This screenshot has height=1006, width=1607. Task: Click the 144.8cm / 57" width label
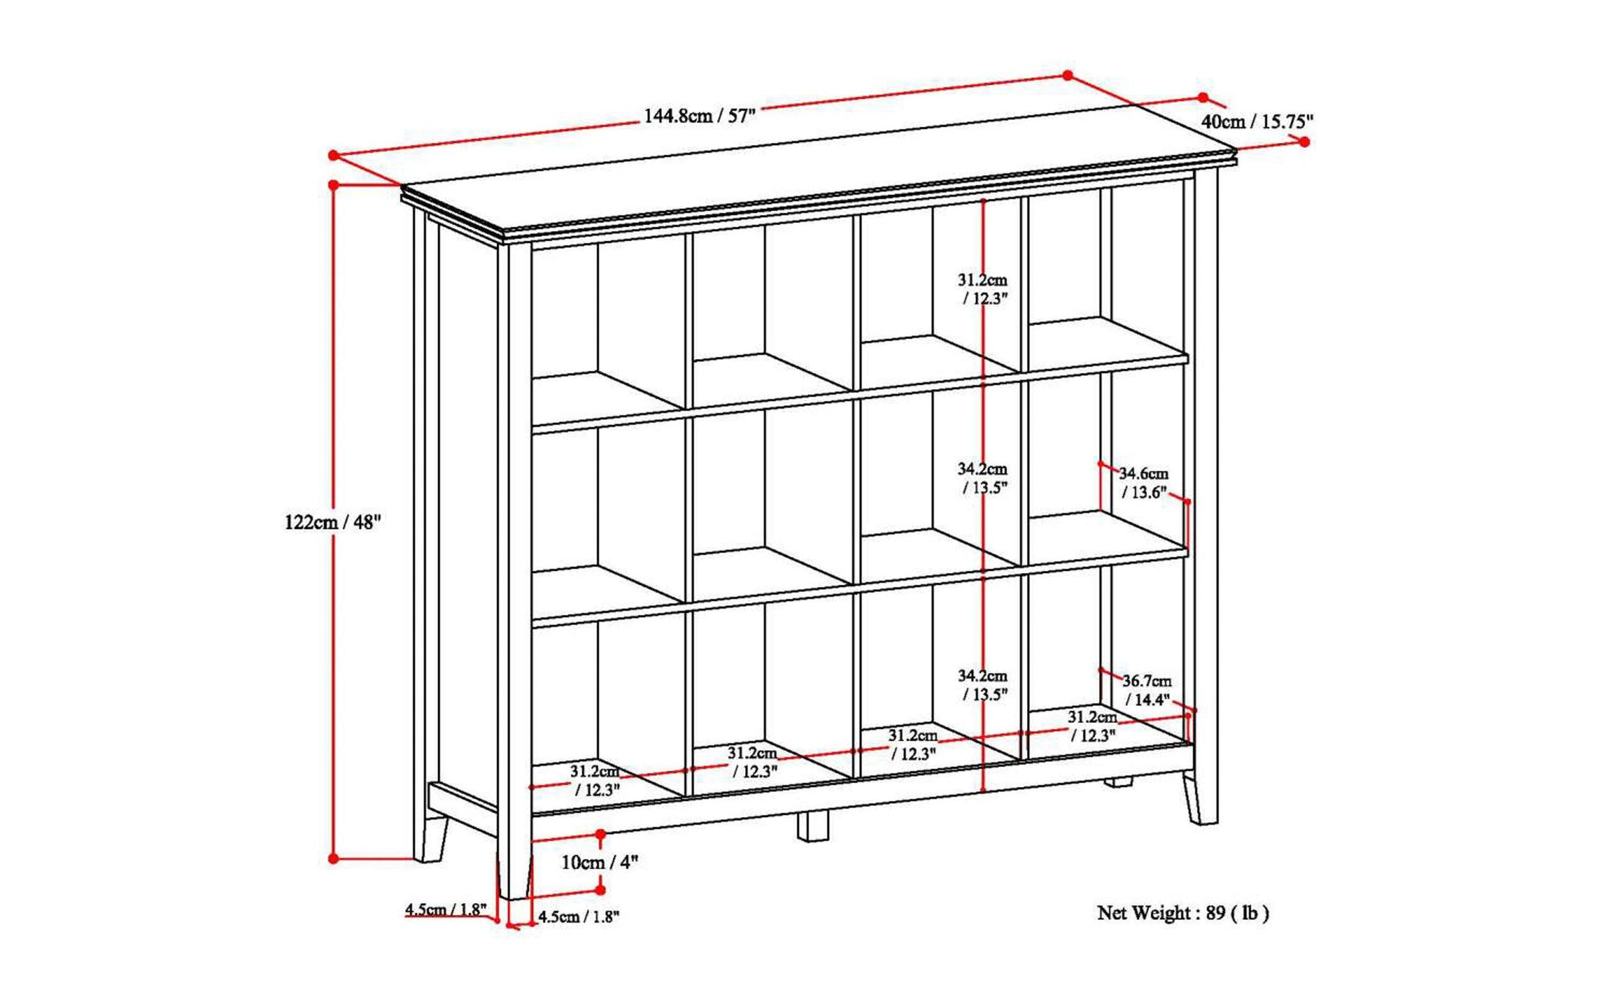tap(699, 117)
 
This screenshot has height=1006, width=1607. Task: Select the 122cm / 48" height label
tap(333, 522)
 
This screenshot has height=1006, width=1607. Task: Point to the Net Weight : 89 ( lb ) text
tap(1183, 912)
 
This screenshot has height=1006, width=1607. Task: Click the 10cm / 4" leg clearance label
tap(600, 862)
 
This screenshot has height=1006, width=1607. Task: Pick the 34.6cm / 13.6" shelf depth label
tap(1144, 483)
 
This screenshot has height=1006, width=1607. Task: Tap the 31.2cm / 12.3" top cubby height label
tap(983, 289)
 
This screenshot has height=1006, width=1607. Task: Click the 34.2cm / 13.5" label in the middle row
tap(983, 478)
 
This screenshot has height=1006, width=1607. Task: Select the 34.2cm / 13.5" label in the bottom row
tap(983, 685)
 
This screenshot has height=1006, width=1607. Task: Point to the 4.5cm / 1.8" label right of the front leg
tap(579, 916)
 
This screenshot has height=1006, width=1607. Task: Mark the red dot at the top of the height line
tap(333, 185)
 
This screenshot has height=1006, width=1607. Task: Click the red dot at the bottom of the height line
tap(333, 859)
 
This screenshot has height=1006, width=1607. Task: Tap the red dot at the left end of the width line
tap(333, 156)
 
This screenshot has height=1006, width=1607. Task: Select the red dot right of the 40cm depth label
tap(1304, 142)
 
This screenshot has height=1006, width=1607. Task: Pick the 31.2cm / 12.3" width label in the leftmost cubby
tap(596, 781)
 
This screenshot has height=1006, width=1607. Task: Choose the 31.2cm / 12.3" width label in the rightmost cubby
tap(1093, 726)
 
